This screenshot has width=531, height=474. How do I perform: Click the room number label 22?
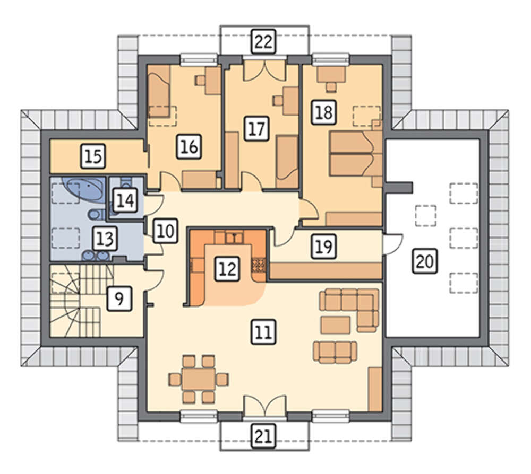263,41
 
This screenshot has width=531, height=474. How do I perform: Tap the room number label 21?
263,436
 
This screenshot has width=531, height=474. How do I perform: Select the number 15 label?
93,156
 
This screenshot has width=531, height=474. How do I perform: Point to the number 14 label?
125,200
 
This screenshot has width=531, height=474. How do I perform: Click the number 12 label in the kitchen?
228,269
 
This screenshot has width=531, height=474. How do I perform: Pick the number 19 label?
324,246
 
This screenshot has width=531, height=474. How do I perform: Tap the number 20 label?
425,261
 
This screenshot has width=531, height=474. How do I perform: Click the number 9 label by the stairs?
119,298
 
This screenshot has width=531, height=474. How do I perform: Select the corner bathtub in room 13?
87,189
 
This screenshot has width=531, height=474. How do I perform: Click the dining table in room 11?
199,379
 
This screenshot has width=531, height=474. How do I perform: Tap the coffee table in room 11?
336,325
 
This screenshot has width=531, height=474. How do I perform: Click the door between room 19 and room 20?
392,244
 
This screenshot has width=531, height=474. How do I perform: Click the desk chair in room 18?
331,86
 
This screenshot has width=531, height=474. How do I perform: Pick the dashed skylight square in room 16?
162,116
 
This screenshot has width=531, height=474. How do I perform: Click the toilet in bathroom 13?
95,214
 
